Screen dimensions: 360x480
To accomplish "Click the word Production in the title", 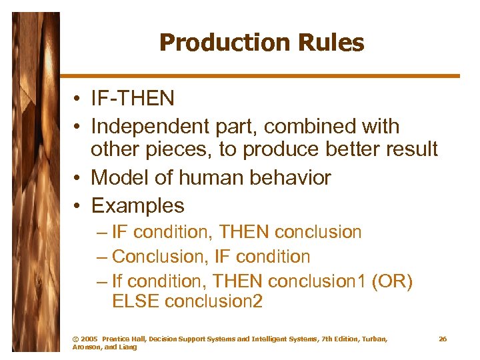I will (x=211, y=43).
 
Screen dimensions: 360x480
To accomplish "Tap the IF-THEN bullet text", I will (x=133, y=99).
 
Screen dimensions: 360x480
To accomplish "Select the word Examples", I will (x=137, y=205).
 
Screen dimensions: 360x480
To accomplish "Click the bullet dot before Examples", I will (x=78, y=206).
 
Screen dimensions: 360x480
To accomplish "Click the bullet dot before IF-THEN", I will (x=78, y=99).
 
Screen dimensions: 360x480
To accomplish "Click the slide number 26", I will (x=443, y=339).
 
